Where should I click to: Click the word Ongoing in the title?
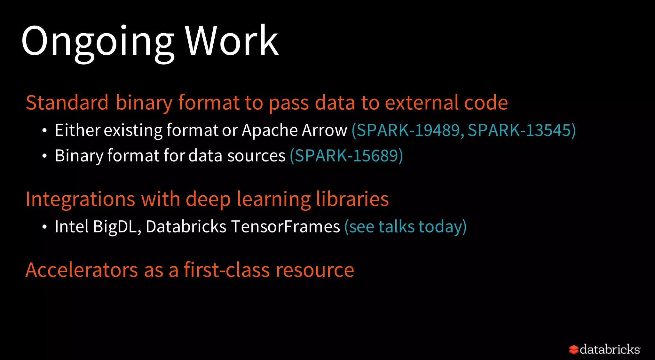point(98,42)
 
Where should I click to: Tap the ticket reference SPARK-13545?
point(519,130)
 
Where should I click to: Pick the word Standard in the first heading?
point(67,103)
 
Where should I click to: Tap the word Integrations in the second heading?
point(80,199)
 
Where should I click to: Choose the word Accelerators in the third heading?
point(82,270)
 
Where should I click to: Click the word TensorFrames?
point(285,227)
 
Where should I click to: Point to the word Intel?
point(71,227)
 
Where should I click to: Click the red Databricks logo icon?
point(573,349)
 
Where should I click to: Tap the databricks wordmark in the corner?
point(610,349)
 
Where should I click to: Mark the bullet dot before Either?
point(44,131)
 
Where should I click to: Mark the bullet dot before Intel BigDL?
point(44,227)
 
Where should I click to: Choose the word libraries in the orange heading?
point(352,199)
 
